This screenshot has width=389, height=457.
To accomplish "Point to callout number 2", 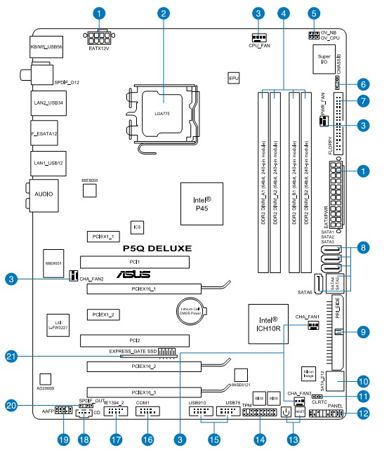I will [x=164, y=13].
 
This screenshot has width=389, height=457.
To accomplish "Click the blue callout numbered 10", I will [x=362, y=382].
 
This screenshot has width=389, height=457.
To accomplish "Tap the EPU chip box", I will [x=235, y=80].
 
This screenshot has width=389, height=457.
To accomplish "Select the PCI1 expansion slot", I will [x=134, y=262].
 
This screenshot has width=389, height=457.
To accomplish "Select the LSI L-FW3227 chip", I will [x=51, y=320].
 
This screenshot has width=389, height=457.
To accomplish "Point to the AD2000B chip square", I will [x=45, y=378].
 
